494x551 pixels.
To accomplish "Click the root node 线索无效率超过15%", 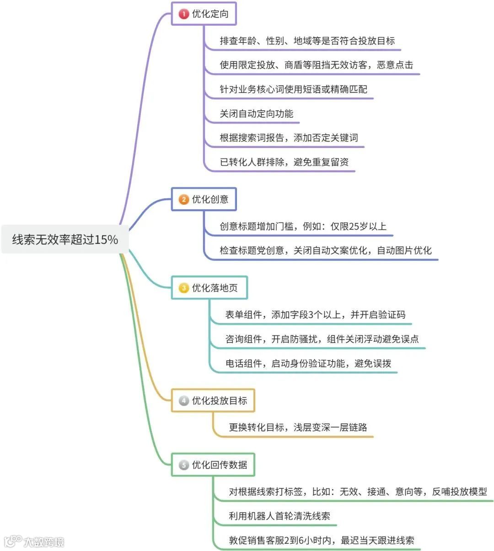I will (x=65, y=239).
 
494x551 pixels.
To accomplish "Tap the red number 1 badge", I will (x=184, y=14).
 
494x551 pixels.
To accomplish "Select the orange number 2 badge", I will (x=184, y=199).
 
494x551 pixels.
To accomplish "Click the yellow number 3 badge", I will (x=184, y=288).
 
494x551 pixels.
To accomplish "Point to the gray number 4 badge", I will (x=184, y=401).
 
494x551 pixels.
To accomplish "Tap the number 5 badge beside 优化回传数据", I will (x=184, y=465).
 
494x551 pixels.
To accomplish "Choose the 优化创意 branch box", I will (x=204, y=199).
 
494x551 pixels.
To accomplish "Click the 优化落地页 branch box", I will (x=209, y=288).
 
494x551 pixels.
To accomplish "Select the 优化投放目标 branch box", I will (x=213, y=401).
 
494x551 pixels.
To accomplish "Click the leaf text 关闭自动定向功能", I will (x=257, y=114).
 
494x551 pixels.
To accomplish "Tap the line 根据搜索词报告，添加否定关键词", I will (x=289, y=138).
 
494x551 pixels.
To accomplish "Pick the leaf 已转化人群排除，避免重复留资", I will (x=284, y=162).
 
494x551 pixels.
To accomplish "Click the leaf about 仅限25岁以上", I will (x=303, y=226).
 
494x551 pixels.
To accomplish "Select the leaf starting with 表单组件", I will (x=315, y=315).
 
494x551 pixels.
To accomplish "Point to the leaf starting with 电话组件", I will (x=308, y=364).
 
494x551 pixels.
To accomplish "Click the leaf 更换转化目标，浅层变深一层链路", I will (x=298, y=427).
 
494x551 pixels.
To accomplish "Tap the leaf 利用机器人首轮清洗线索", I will (x=279, y=516).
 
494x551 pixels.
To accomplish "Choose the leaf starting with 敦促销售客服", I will (x=322, y=540).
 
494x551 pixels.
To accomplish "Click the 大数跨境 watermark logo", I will (x=34, y=542).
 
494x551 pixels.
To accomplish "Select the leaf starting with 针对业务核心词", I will (x=293, y=89).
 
